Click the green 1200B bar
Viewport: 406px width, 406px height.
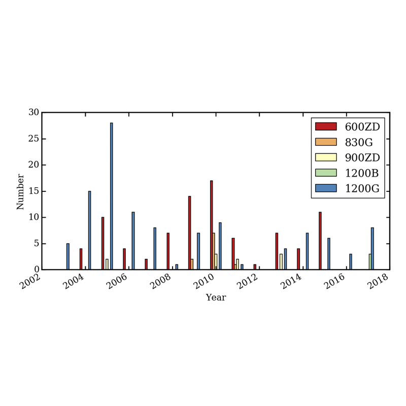(x=370, y=261)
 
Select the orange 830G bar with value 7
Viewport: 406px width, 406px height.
(x=214, y=251)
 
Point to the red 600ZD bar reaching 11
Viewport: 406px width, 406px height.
(x=320, y=241)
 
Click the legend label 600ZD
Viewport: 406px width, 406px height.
(x=362, y=126)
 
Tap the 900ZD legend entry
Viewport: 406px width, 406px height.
(x=362, y=157)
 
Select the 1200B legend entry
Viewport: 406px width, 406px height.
(x=361, y=173)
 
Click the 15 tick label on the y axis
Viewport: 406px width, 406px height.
(x=33, y=191)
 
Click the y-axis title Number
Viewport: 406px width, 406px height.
(x=20, y=191)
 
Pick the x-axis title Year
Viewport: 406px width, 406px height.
(x=216, y=298)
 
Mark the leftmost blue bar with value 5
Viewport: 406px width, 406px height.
(x=67, y=256)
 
